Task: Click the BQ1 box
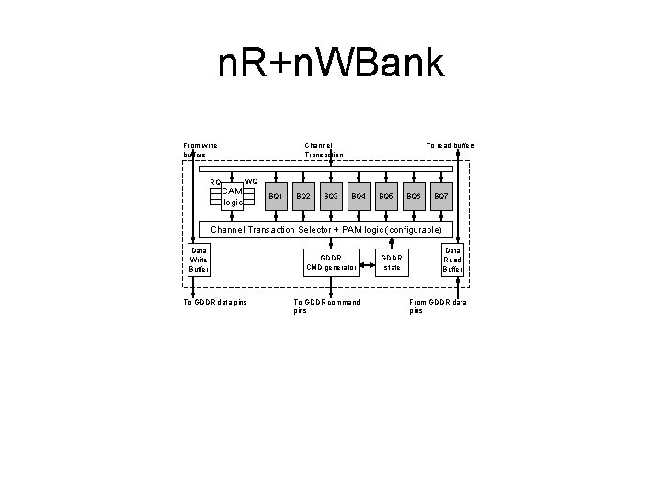pos(275,197)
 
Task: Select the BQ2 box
pos(302,197)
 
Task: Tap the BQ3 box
pos(331,197)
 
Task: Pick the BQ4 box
pos(359,197)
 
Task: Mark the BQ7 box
pos(441,197)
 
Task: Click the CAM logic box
pos(232,196)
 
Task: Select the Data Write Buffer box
pos(199,260)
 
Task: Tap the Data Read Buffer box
pos(453,260)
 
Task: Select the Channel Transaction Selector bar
pos(326,229)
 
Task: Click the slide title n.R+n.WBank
pos(331,64)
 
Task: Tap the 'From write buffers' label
pos(200,149)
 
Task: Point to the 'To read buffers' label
pos(450,145)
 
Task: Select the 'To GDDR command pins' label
pos(325,306)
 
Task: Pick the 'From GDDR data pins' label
pos(437,306)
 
